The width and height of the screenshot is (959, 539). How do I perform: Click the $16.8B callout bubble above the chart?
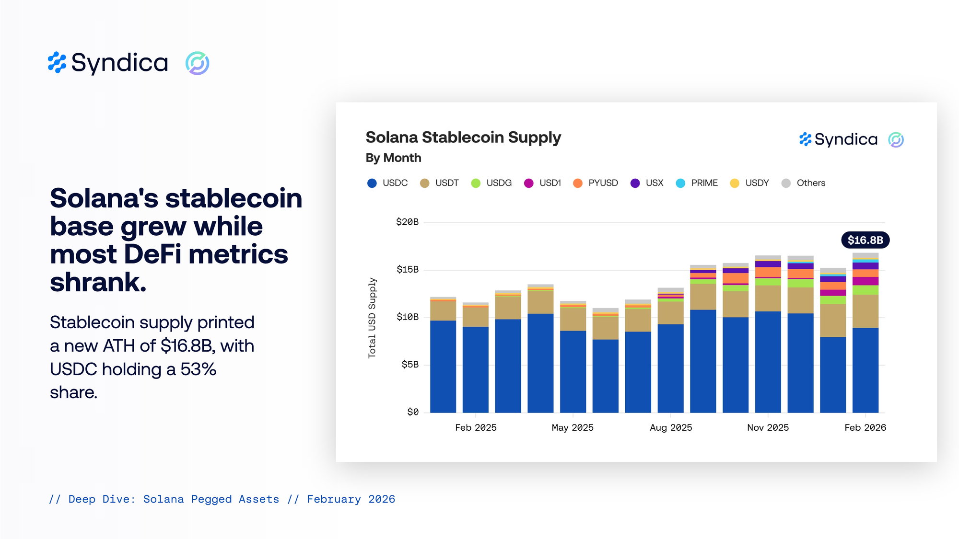point(865,240)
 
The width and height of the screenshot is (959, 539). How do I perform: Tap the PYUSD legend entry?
point(596,183)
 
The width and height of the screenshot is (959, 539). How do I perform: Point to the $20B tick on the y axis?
point(407,222)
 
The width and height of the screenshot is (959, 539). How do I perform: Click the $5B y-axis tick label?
point(410,365)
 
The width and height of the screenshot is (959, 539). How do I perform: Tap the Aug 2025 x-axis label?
point(671,427)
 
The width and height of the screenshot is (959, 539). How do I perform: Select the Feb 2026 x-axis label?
point(865,427)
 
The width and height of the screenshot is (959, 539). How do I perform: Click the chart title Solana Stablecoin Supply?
point(463,138)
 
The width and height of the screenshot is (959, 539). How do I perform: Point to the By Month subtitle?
point(393,158)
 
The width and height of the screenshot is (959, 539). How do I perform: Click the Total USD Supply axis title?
point(372,318)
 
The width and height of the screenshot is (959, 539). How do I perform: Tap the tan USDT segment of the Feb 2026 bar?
point(865,311)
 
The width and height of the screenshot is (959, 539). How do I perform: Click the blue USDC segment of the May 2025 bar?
point(573,371)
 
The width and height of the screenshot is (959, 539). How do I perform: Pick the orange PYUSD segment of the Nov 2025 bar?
point(768,272)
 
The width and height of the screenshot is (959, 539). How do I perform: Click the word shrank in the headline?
point(98,282)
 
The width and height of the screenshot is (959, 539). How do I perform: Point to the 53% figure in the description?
point(198,369)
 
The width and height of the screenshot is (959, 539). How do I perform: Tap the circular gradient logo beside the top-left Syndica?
point(197,63)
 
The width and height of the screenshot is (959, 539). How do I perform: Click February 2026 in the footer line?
point(351,499)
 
